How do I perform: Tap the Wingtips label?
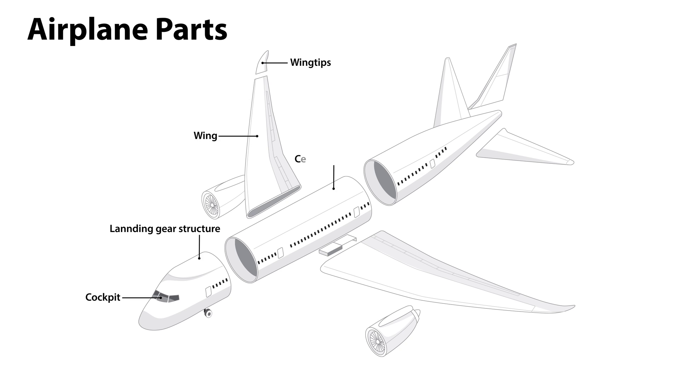[311, 63]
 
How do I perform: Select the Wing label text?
[205, 136]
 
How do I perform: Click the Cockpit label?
[103, 297]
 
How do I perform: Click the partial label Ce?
[300, 159]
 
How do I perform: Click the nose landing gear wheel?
[208, 313]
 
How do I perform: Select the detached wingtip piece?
[262, 63]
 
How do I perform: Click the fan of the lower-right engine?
[376, 342]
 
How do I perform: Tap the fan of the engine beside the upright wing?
[211, 205]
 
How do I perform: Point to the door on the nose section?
[209, 292]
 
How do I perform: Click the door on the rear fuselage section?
[432, 164]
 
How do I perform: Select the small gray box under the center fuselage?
[330, 250]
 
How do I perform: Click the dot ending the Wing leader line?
[257, 136]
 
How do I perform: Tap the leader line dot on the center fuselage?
[333, 189]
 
